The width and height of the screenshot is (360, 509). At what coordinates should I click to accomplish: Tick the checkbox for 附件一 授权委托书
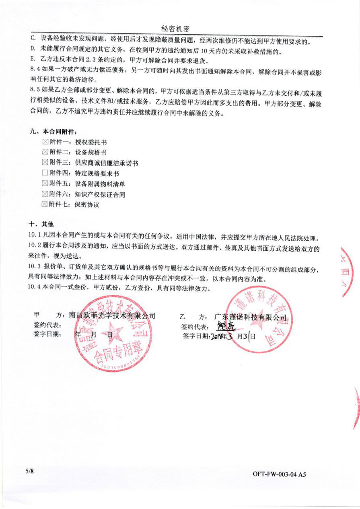[x=45, y=142]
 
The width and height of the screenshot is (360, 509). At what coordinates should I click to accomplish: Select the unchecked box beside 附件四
[x=45, y=173]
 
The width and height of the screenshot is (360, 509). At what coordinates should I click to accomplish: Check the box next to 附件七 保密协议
[x=45, y=204]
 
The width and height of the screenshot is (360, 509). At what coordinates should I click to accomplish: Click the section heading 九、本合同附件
[x=53, y=132]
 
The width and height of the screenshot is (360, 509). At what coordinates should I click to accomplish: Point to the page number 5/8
[x=29, y=471]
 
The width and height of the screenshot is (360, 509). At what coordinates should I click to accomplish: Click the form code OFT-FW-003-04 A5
[x=279, y=474]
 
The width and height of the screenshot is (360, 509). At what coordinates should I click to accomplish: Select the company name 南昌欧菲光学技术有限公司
[x=112, y=316]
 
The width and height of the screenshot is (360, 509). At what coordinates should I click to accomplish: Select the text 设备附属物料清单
[x=100, y=184]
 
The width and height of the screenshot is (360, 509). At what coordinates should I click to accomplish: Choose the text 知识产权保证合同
[x=100, y=194]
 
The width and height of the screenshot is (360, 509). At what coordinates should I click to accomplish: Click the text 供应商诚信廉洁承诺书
[x=106, y=163]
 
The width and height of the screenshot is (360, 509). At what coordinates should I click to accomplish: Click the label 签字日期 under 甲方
[x=47, y=334]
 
